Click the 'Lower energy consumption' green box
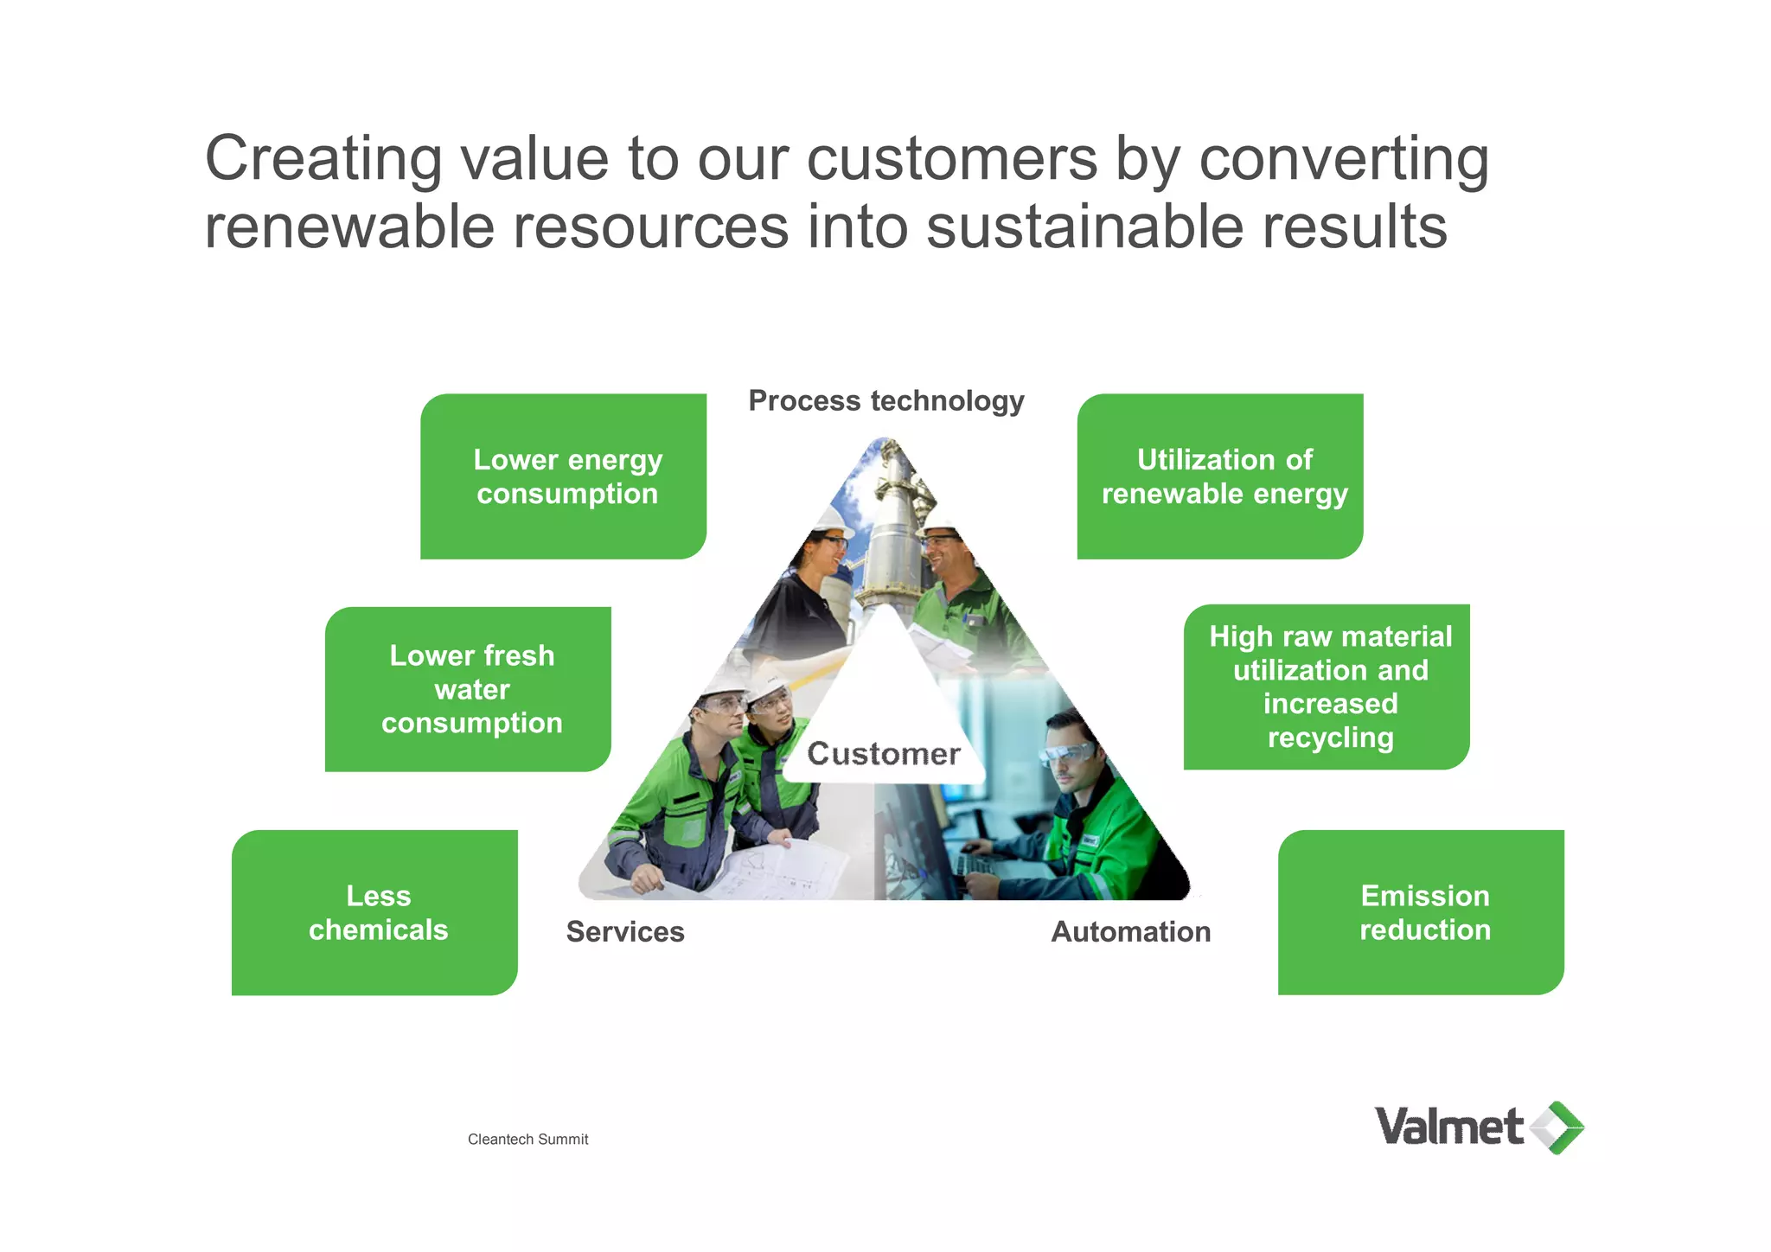point(564,476)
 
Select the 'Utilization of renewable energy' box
point(1220,476)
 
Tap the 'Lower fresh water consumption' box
point(469,689)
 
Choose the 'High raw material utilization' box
point(1327,687)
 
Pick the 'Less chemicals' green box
point(375,912)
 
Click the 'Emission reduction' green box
point(1421,912)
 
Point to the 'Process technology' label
point(885,401)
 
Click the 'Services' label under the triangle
point(625,932)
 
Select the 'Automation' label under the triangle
point(1130,932)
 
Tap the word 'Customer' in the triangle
point(884,754)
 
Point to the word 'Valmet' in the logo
point(1448,1127)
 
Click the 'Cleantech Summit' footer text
point(527,1140)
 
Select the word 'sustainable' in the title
point(1084,227)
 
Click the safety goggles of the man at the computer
point(1070,754)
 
